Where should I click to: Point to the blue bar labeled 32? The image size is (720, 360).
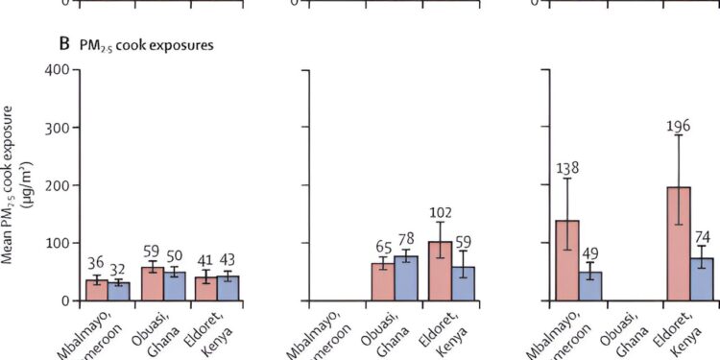pos(118,291)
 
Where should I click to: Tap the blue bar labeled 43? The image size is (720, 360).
pos(228,288)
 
